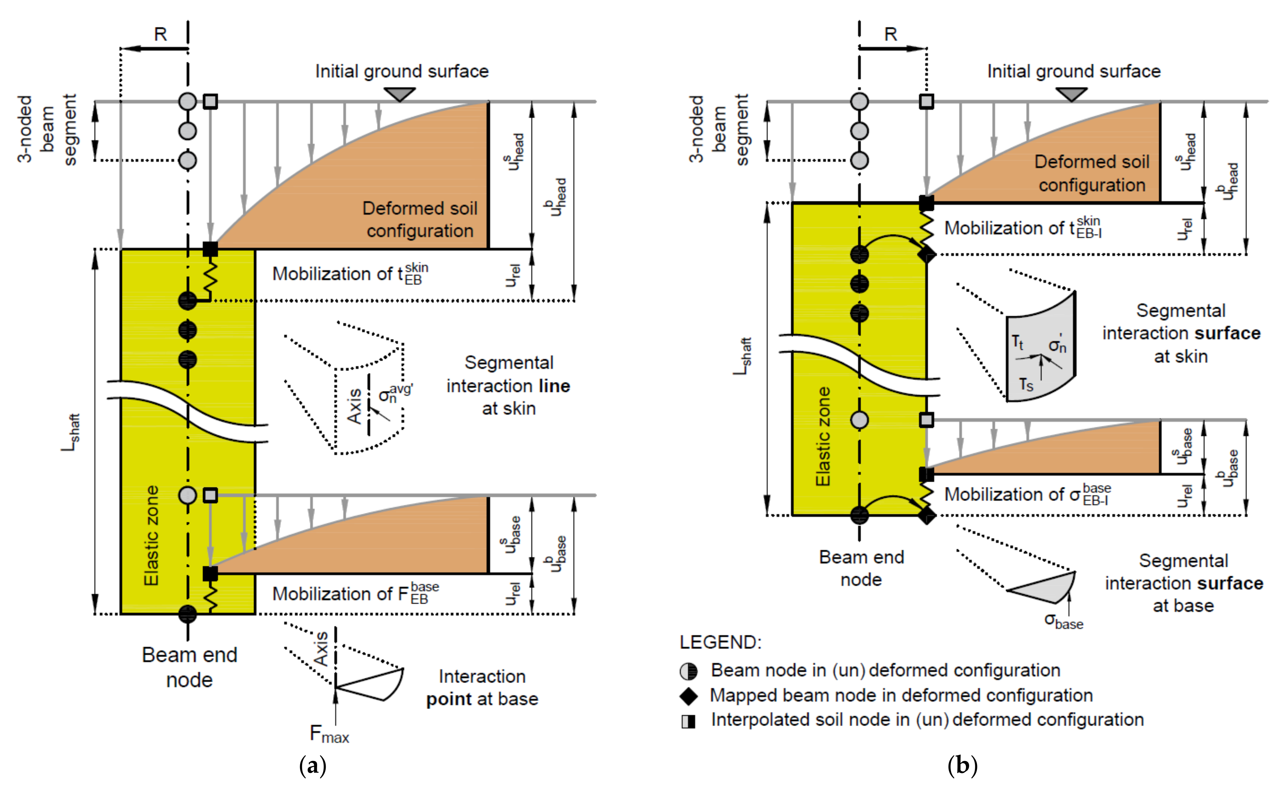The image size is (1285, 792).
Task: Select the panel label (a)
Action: point(313,766)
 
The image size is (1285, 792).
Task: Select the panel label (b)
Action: point(962,766)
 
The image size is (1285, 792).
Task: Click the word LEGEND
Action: point(720,642)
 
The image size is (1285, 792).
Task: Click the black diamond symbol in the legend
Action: point(688,696)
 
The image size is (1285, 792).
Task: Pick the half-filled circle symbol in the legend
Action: point(688,671)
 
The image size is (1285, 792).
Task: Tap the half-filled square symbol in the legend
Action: point(688,721)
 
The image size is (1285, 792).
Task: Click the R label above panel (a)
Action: point(160,35)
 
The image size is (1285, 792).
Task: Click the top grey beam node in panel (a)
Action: point(188,102)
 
